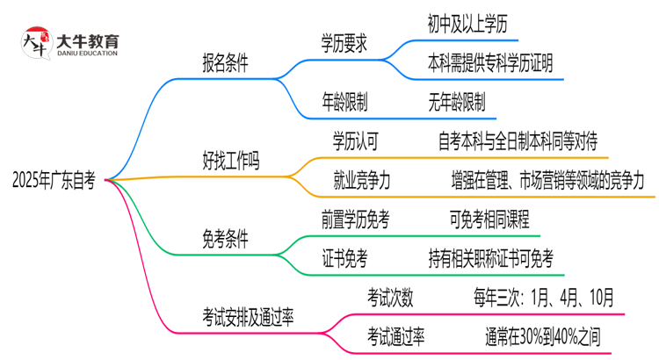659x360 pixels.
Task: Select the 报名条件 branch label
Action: tap(225, 63)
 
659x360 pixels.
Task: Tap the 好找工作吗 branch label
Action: tap(231, 161)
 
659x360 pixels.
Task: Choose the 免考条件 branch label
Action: tap(225, 238)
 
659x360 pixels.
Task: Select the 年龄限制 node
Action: tap(344, 102)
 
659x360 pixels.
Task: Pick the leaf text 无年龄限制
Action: tap(457, 102)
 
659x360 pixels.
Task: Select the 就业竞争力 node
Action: tap(362, 180)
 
